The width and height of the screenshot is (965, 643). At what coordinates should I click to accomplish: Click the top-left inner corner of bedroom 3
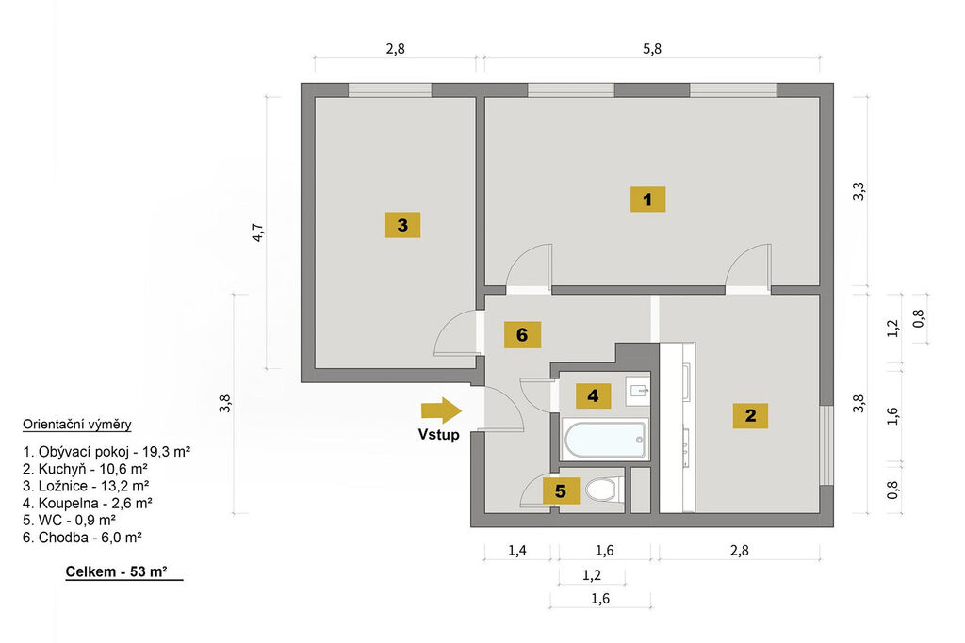(316, 98)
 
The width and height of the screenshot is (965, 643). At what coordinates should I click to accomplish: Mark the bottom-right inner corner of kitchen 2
(819, 512)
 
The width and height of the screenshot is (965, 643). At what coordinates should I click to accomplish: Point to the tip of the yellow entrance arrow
(462, 410)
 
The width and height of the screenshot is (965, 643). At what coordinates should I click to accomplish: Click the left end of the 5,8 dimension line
(485, 58)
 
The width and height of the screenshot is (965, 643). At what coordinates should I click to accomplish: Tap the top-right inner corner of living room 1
(819, 98)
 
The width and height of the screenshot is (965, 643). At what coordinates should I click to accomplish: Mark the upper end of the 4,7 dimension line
(267, 97)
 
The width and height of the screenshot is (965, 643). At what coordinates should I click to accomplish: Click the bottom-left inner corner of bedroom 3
(316, 368)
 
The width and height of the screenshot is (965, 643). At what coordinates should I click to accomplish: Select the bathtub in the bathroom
(605, 439)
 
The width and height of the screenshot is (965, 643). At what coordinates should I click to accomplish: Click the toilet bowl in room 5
(601, 490)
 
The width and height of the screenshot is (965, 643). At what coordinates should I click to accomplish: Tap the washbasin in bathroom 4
(638, 390)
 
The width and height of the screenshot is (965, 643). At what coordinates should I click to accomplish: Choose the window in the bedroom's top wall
(389, 90)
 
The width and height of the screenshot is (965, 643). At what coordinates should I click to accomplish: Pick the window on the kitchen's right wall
(826, 445)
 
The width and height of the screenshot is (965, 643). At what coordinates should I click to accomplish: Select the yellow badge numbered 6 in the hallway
(522, 334)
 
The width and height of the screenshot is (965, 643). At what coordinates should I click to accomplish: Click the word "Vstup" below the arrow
(439, 435)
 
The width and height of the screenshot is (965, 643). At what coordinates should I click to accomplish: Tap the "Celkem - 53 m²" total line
(116, 571)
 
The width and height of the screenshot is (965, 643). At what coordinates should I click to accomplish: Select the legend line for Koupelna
(88, 503)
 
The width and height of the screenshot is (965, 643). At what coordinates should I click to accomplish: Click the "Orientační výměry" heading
(77, 425)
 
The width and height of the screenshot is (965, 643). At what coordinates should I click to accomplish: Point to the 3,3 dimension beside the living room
(859, 191)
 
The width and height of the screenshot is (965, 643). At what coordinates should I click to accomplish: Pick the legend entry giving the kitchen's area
(85, 469)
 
